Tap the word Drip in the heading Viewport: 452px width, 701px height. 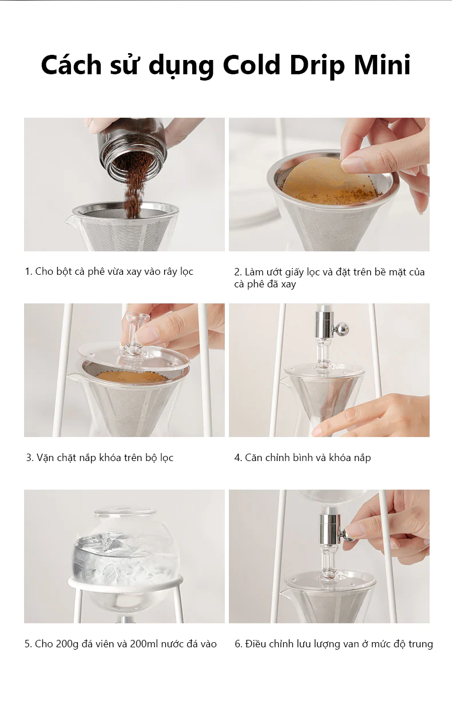319,65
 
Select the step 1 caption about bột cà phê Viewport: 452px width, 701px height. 109,271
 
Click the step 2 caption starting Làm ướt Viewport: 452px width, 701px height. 330,278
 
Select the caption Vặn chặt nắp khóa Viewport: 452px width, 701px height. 100,458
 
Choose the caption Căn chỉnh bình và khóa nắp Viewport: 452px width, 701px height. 303,458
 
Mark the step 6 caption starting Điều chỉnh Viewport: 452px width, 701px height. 334,644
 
